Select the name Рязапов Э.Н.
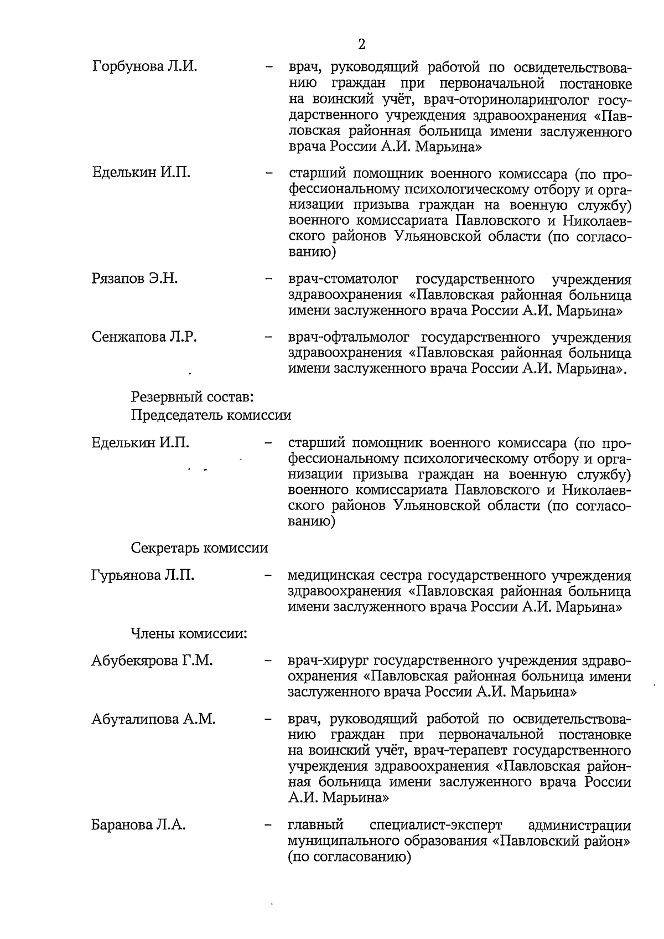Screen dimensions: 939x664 [x=134, y=278]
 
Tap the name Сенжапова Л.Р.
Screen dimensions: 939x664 [x=144, y=337]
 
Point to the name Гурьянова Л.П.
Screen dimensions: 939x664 [x=143, y=576]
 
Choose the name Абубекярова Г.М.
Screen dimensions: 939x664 [x=152, y=661]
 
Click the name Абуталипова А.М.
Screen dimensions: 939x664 [x=153, y=719]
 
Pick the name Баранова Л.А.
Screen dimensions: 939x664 [x=138, y=825]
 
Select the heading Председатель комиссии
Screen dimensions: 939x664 [x=211, y=415]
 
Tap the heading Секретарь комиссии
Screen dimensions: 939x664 [x=199, y=548]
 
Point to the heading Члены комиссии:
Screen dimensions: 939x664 [x=189, y=633]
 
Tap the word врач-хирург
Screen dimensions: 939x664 [x=328, y=661]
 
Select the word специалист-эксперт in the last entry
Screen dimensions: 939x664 [x=435, y=825]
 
